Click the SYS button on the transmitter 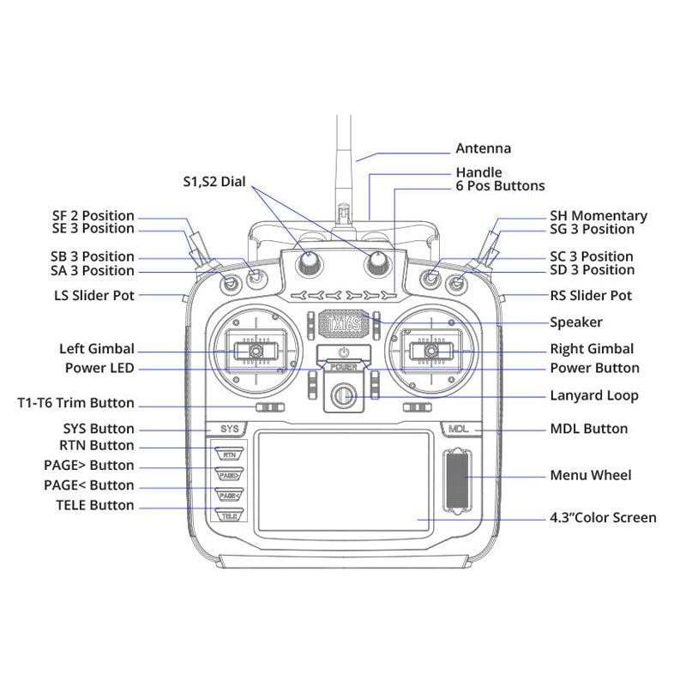coord(227,428)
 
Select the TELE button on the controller coord(228,515)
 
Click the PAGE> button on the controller coord(228,474)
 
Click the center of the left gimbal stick coord(256,351)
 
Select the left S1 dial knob coord(308,263)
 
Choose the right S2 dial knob coord(376,263)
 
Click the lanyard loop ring coord(343,395)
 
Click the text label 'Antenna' coord(483,147)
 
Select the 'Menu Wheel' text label coord(590,475)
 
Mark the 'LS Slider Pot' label coord(93,296)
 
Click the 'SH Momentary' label coord(598,216)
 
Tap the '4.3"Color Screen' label coord(603,517)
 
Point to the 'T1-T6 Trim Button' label coord(75,403)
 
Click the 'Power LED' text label coord(99,368)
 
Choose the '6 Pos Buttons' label coord(500,186)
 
